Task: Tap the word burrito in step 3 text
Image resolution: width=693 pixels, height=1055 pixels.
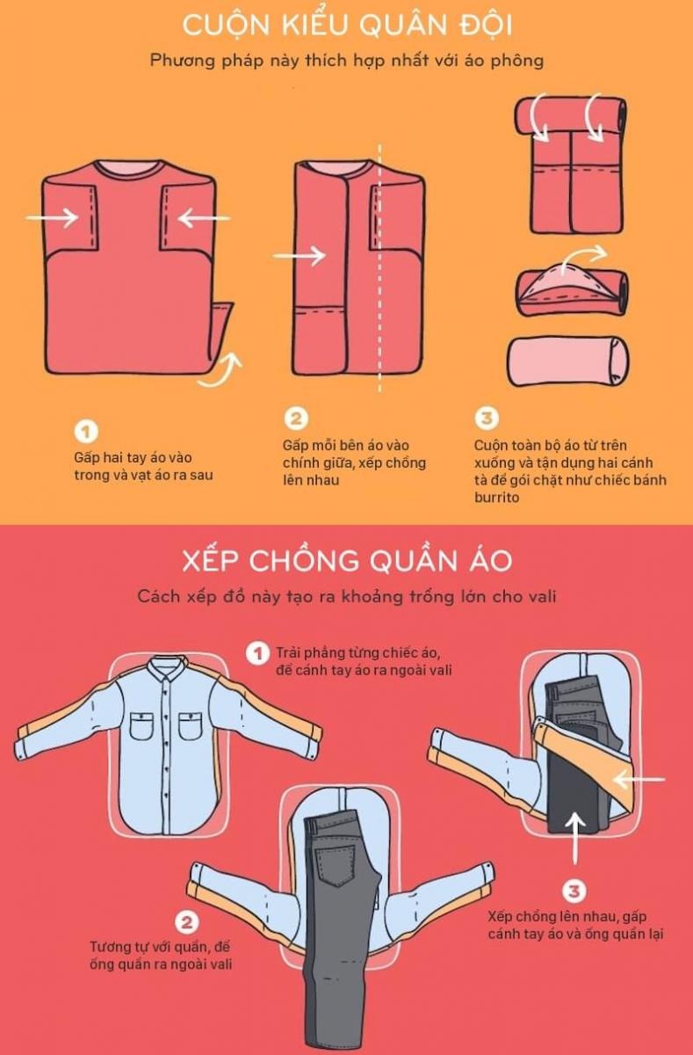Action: point(496,497)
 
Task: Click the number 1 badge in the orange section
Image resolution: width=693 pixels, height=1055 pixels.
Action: point(85,432)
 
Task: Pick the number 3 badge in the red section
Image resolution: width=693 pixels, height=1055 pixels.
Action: point(574,891)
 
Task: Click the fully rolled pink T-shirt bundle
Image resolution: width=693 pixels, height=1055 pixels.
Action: point(568,361)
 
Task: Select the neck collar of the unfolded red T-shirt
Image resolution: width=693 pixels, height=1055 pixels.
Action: point(129,167)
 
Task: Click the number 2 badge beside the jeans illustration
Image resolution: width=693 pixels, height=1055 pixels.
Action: point(186,922)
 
